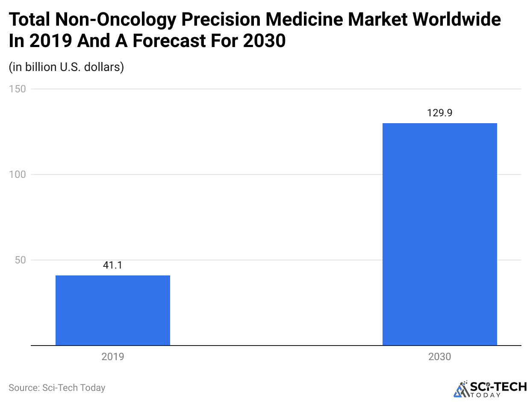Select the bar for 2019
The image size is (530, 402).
[113, 310]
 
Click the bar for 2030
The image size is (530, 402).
[439, 234]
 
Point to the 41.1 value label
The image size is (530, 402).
[113, 266]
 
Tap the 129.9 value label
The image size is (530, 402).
[439, 113]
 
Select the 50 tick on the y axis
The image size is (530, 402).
[20, 260]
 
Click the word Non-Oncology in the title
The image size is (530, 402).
[103, 20]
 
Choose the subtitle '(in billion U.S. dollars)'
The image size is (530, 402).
[66, 67]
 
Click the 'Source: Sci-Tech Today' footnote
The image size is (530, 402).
[57, 388]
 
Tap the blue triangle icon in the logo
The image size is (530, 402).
[461, 389]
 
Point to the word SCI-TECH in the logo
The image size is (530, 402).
[498, 387]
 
